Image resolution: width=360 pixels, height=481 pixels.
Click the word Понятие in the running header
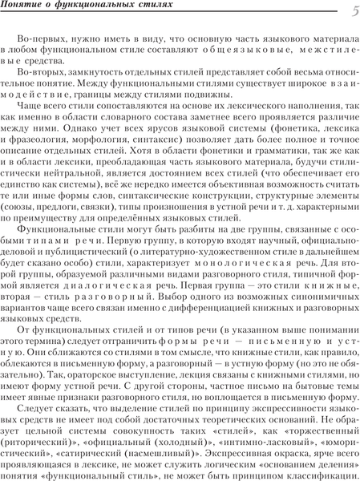coord(20,7)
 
